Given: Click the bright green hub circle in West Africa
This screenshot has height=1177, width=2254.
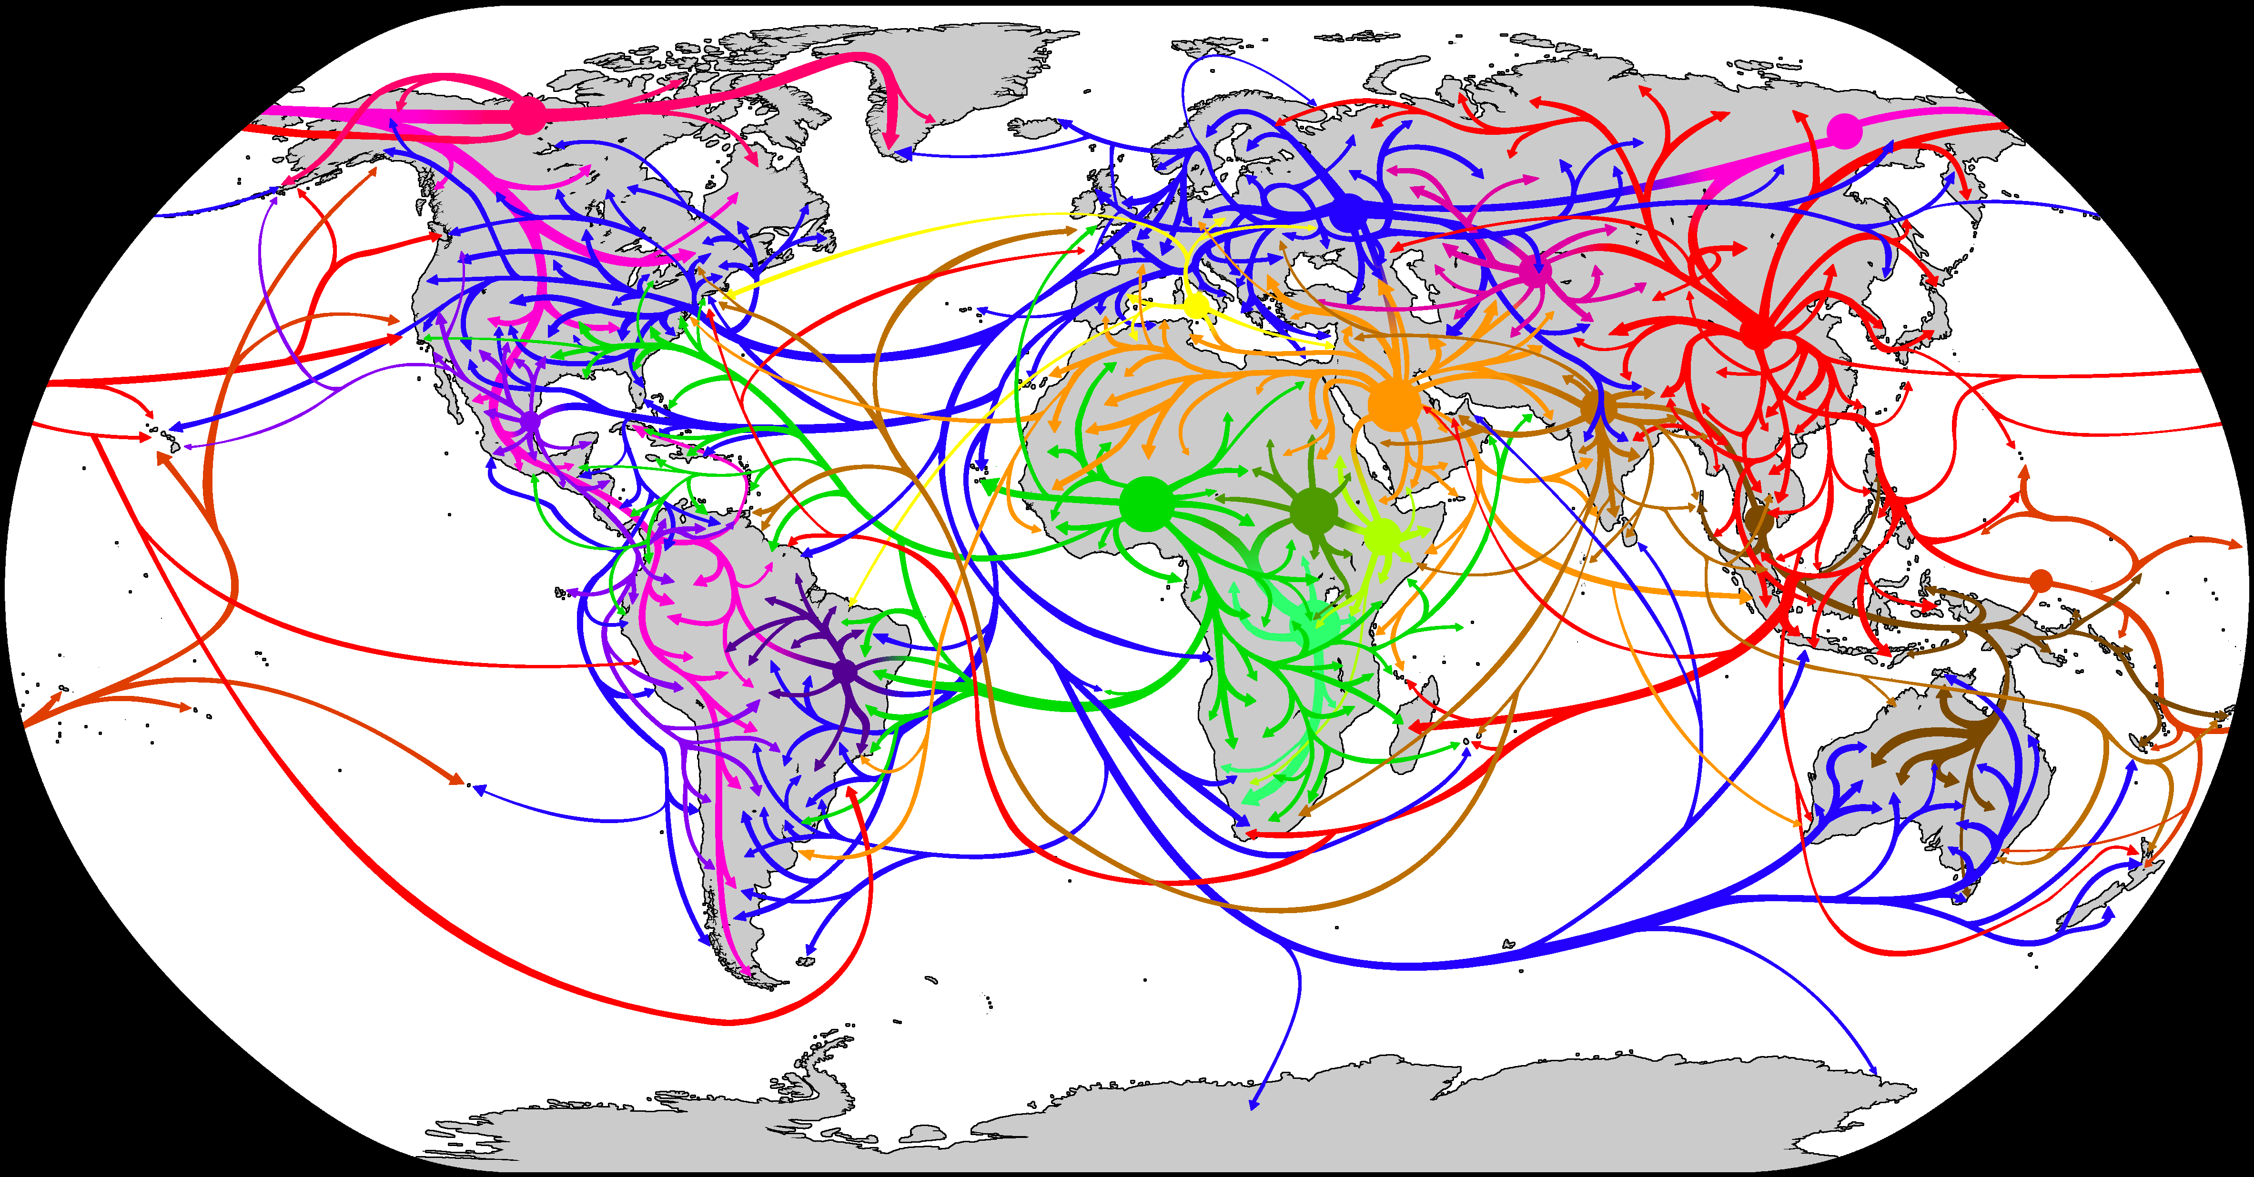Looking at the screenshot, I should click(1146, 504).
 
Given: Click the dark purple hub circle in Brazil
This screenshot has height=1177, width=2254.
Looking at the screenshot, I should click(844, 672).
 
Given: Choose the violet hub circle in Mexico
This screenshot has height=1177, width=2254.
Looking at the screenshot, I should click(529, 422).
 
